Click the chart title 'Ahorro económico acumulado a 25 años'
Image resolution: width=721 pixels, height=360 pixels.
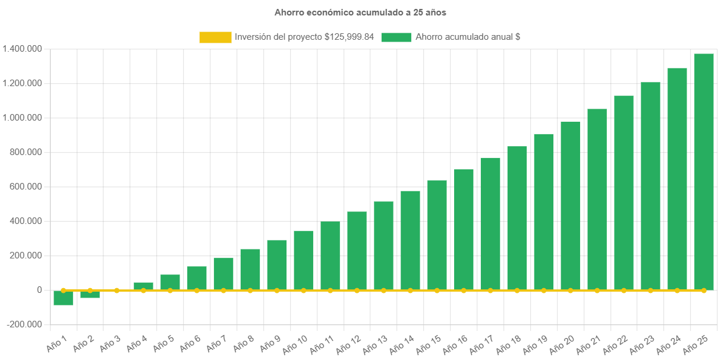[360, 12]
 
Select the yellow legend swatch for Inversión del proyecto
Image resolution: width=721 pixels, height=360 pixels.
[215, 37]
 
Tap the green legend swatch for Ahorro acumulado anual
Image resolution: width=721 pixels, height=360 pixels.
[396, 37]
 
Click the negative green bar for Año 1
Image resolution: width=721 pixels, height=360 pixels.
[63, 298]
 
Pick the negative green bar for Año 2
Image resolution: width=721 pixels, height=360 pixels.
[90, 295]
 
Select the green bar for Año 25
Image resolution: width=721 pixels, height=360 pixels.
[704, 172]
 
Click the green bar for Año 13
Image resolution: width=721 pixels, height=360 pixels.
[383, 245]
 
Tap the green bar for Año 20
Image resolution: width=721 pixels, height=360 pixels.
[570, 206]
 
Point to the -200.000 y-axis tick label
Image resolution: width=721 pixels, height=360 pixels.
[24, 324]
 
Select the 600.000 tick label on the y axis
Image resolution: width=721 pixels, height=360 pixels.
[26, 187]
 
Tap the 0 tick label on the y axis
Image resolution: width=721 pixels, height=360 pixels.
[39, 290]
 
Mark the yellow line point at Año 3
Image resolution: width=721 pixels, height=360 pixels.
[117, 290]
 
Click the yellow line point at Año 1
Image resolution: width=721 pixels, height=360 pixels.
[63, 290]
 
